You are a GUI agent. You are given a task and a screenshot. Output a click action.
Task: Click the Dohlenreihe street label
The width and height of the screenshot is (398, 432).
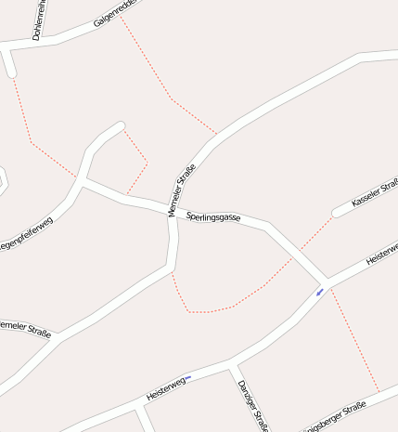point(38,20)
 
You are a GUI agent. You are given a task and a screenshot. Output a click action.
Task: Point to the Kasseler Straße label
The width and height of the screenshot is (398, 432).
point(374,193)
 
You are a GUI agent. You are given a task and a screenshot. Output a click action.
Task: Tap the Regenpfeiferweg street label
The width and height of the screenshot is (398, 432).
point(27,235)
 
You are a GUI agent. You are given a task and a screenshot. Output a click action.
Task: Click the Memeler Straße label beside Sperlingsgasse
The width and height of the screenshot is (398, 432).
point(182,190)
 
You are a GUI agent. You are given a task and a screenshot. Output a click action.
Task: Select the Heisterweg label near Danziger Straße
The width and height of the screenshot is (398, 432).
point(167,389)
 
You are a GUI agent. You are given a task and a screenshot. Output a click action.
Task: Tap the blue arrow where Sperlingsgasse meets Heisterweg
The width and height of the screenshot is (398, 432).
point(320,293)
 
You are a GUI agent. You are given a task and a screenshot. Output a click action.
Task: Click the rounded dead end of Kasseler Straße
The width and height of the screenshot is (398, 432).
point(338,212)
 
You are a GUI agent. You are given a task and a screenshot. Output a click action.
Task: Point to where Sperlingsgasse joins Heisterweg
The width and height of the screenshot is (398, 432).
point(326,281)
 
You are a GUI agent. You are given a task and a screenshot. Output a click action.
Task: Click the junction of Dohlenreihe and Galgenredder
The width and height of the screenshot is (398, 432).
point(48,42)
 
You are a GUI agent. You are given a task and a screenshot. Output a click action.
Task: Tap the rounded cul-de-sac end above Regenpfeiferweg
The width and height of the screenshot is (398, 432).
point(118,126)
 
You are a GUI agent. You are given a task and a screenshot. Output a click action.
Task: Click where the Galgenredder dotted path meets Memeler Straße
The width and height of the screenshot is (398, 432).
point(216,133)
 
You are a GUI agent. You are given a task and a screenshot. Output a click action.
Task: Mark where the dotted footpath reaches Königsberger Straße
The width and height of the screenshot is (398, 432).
point(379,393)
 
